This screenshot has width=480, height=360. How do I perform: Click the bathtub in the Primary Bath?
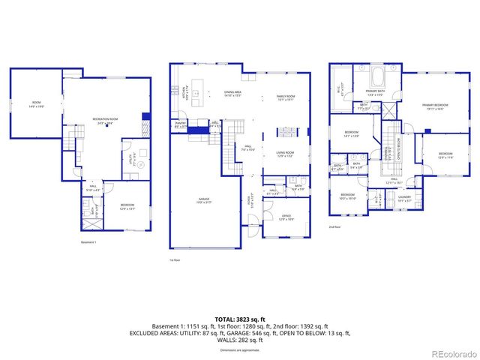(x=376, y=77)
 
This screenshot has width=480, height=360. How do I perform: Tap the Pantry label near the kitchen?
(x=180, y=124)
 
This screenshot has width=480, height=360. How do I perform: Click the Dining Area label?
(x=232, y=94)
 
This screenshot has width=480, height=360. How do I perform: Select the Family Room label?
(x=286, y=98)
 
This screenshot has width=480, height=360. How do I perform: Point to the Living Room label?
(x=285, y=154)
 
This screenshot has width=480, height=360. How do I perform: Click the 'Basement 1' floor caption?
(x=88, y=242)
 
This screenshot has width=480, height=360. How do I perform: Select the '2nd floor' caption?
(x=334, y=226)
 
